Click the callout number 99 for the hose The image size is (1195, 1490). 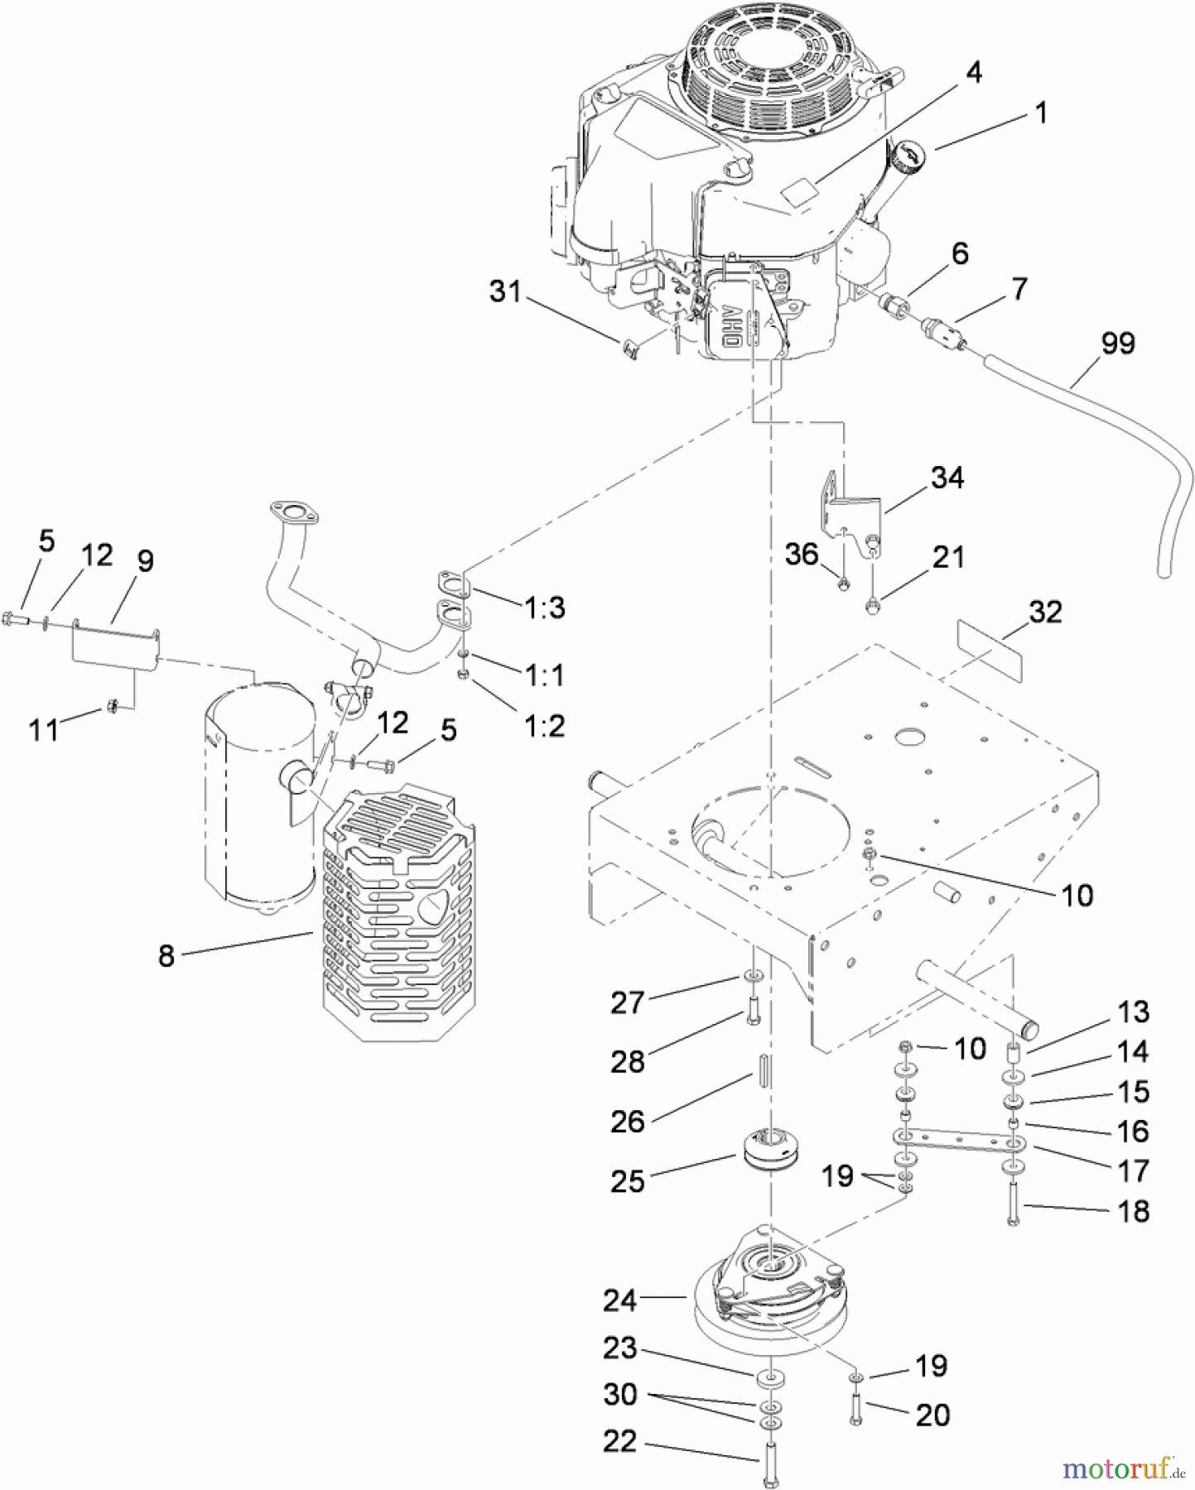(x=1117, y=344)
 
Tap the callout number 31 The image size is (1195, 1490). (x=505, y=291)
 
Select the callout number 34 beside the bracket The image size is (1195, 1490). (x=947, y=478)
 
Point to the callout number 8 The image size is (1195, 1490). (x=166, y=956)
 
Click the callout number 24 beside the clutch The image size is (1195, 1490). (x=620, y=1300)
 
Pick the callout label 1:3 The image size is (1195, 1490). (x=544, y=608)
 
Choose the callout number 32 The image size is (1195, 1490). (x=1045, y=612)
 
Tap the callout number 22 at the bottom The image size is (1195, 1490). (x=620, y=1442)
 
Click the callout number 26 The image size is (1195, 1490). (x=627, y=1122)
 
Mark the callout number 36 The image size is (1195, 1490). (x=802, y=555)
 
